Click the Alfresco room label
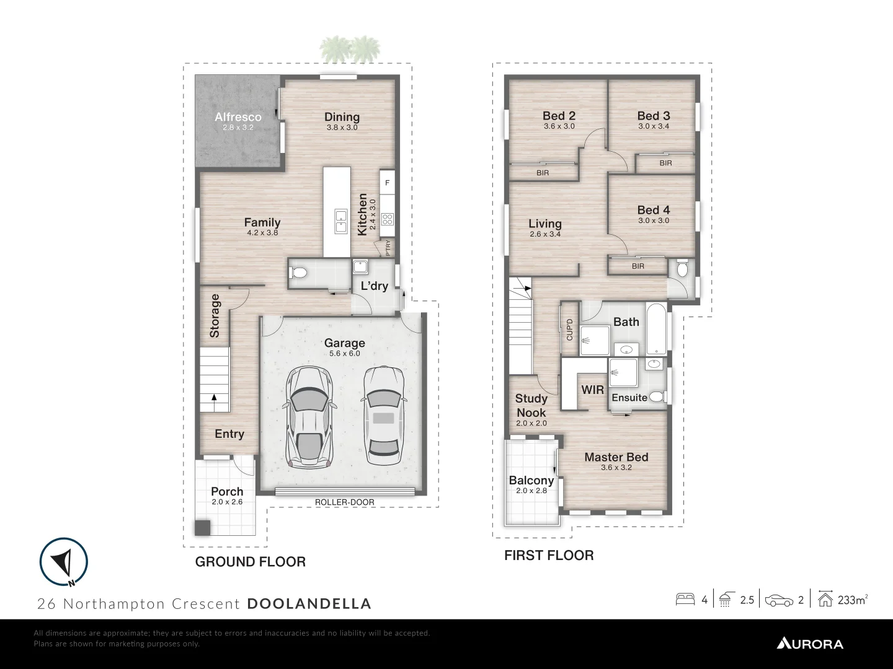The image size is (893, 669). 238,116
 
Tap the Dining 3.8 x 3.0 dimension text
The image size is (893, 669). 342,128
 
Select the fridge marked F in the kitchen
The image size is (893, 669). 388,183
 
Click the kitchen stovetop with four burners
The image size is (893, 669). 388,218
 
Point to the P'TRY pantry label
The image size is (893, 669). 388,248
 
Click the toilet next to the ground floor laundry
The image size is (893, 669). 299,272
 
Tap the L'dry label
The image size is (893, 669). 375,286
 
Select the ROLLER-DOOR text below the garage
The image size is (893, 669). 345,502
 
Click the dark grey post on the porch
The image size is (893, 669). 202,527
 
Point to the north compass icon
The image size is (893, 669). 64,561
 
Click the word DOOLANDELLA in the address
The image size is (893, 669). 309,603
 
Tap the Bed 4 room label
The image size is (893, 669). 653,210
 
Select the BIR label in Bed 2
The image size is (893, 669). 543,173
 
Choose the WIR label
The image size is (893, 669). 592,390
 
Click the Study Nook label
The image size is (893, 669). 531,406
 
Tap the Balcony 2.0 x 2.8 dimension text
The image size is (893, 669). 531,491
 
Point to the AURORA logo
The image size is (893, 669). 810,644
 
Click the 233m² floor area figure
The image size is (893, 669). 852,600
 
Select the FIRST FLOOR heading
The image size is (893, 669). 549,556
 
